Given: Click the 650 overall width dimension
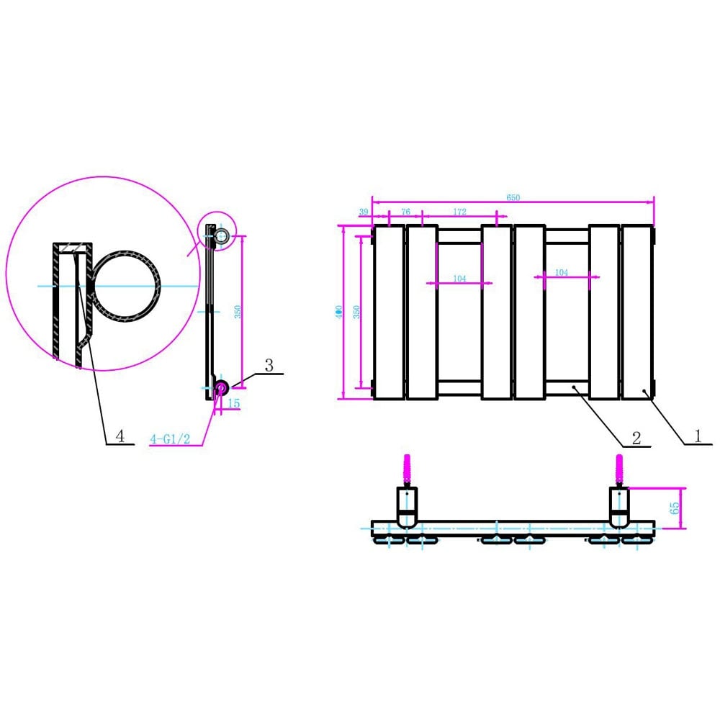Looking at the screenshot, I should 513,197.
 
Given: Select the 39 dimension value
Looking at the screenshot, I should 363,212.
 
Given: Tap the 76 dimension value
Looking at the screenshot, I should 405,212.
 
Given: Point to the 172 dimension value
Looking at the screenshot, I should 460,212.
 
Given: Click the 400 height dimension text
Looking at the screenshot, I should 338,312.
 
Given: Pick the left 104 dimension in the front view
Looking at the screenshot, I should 459,278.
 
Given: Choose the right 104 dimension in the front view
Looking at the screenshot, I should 562,273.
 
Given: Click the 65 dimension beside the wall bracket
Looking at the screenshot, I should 675,508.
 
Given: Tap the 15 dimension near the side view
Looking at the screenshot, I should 233,404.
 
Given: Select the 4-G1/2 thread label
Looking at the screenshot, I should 170,438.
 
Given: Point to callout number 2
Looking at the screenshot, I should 636,437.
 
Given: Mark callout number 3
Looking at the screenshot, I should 269,365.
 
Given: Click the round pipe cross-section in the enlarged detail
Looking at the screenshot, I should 127,285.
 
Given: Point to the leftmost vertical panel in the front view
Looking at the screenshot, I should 389,312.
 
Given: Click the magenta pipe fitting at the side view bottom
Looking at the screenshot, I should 220,389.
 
